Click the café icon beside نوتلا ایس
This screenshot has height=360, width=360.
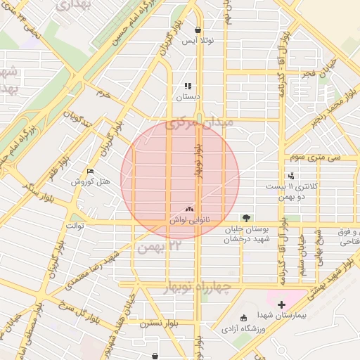(x=198, y=30)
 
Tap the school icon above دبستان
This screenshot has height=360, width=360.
(x=188, y=86)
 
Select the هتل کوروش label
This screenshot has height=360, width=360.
(x=91, y=182)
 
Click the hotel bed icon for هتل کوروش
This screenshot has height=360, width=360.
(x=89, y=172)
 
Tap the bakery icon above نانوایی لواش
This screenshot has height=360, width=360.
(x=188, y=209)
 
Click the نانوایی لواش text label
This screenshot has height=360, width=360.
(x=188, y=220)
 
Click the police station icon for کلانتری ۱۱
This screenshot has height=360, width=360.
(x=291, y=176)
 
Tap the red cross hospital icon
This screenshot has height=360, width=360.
(x=281, y=304)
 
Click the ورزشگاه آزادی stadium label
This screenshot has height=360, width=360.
(x=245, y=328)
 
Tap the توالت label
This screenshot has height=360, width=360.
(x=75, y=226)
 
